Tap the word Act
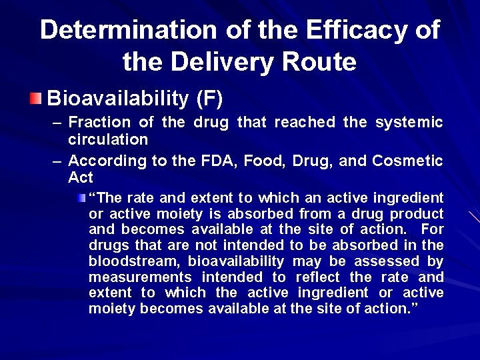pyautogui.click(x=81, y=178)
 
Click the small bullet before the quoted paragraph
pyautogui.click(x=81, y=198)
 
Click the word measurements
pyautogui.click(x=137, y=277)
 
